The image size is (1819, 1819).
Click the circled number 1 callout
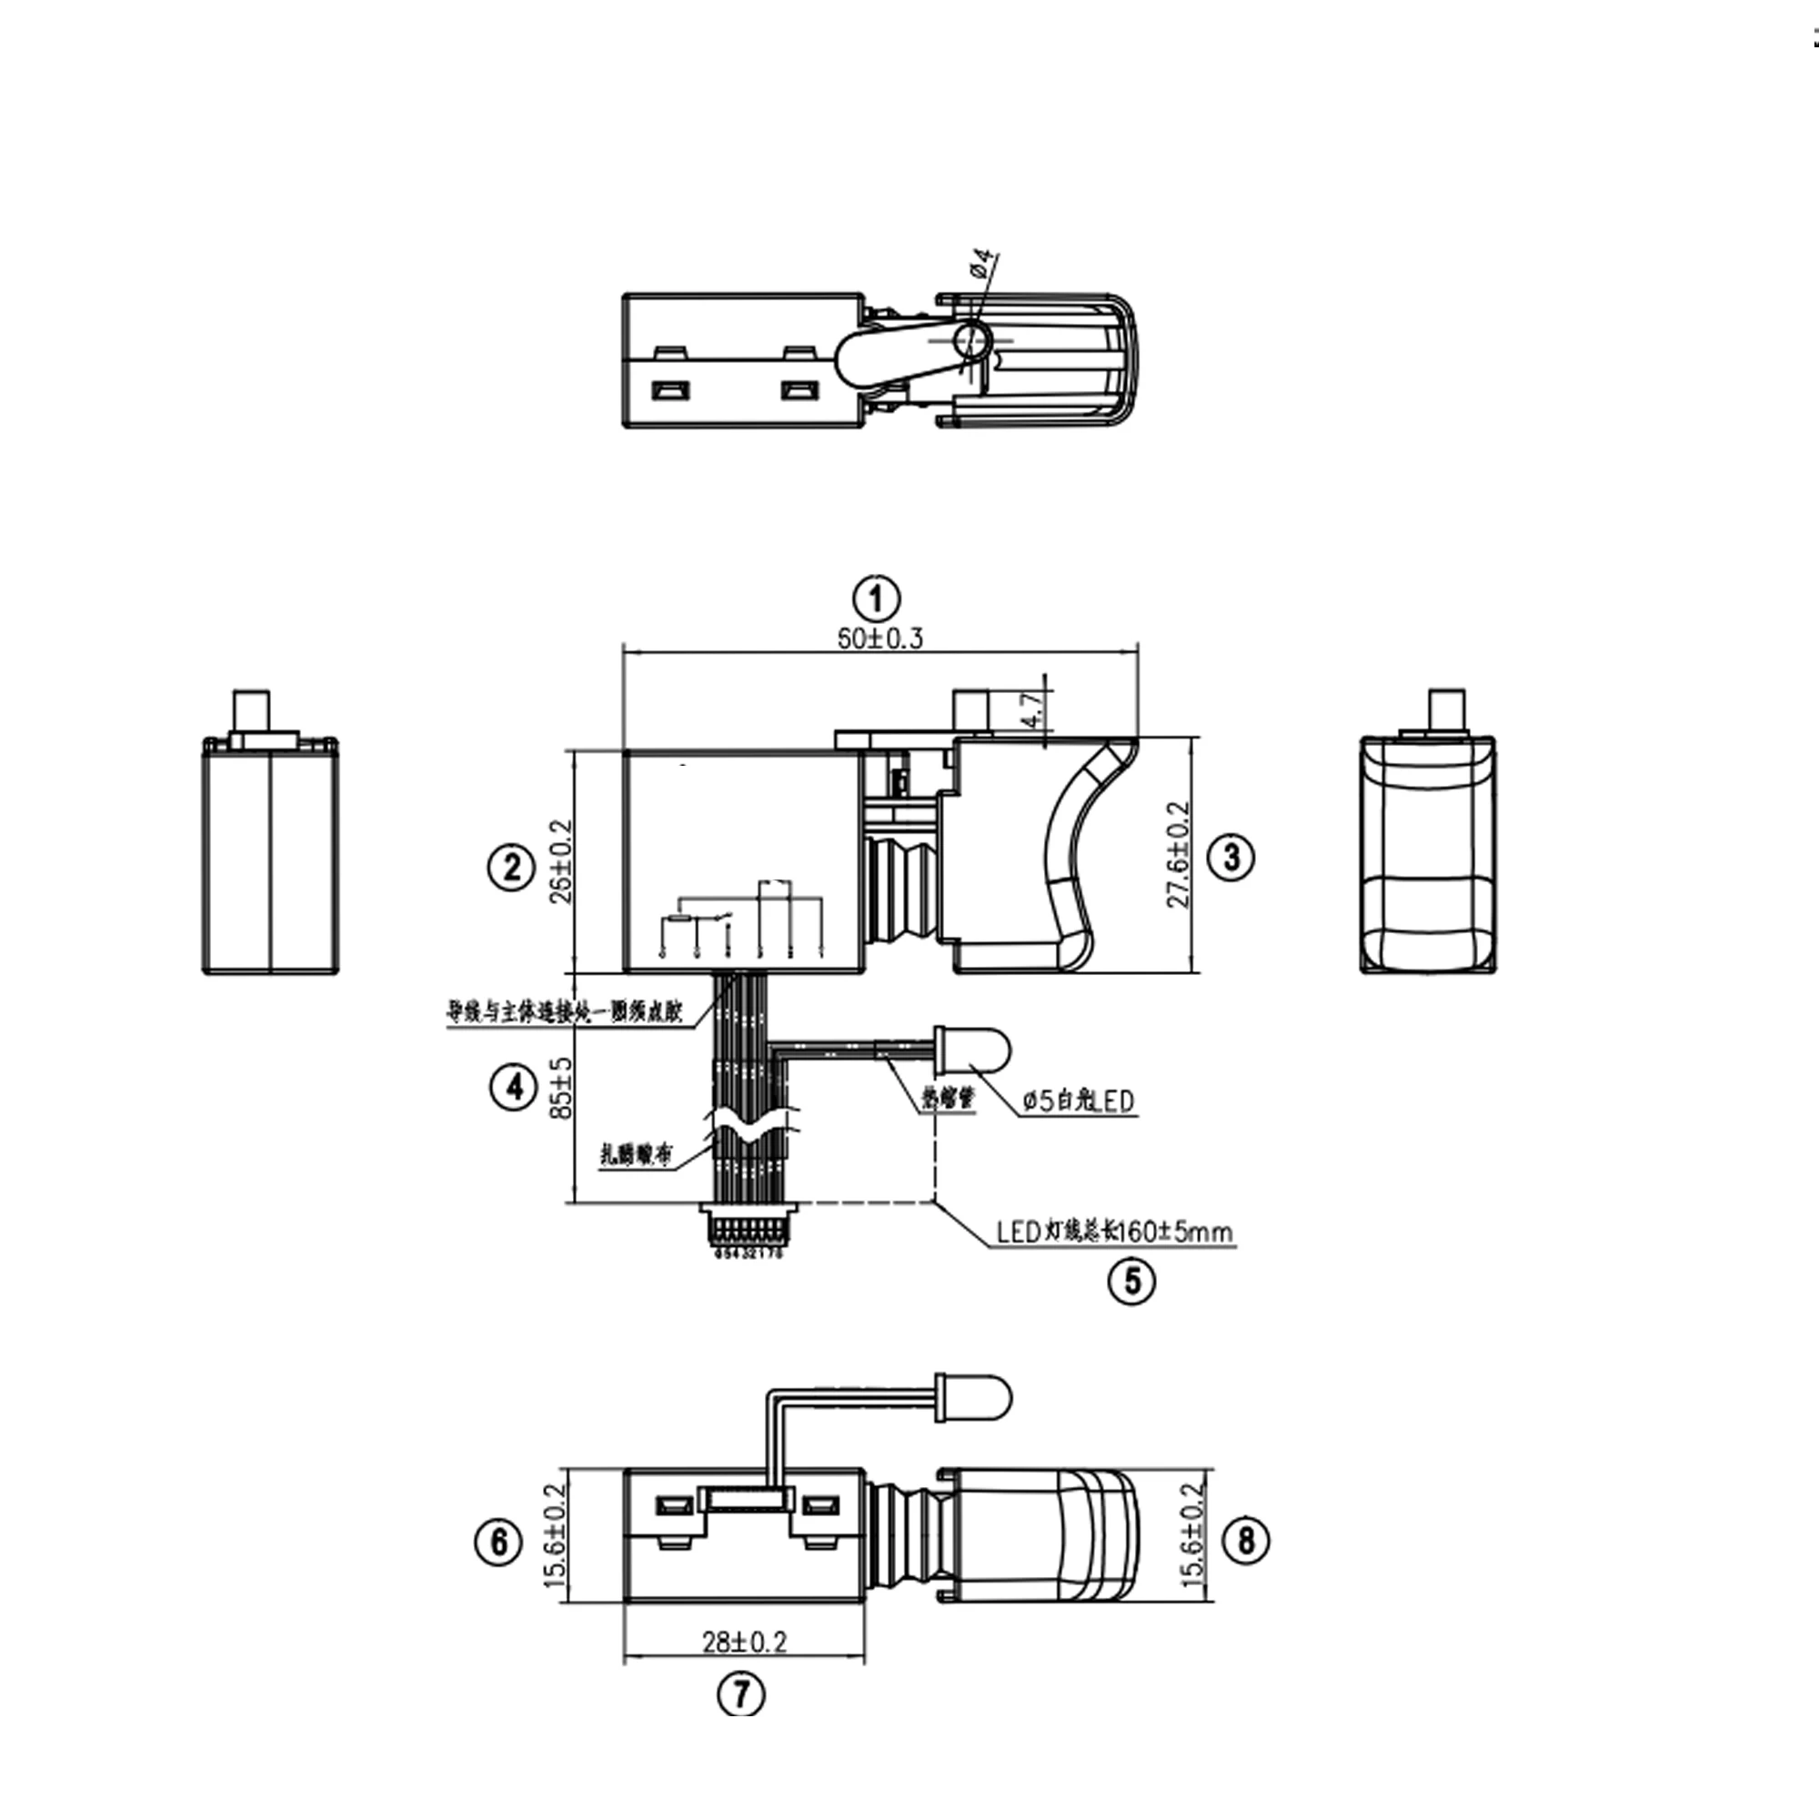pos(876,598)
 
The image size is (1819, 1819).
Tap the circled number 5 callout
pos(1132,1281)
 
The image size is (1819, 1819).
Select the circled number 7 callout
pos(742,1694)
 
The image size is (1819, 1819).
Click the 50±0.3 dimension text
pos(880,638)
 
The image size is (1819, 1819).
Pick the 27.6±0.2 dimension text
pos(1179,854)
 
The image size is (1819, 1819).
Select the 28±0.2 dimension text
pos(744,1642)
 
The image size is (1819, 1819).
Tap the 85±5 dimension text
pos(562,1088)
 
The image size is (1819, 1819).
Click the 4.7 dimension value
pos(1033,712)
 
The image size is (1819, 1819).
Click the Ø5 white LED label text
pos(1079,1100)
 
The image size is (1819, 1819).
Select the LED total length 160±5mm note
pos(1115,1231)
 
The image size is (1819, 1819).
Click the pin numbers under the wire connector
pos(748,1254)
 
